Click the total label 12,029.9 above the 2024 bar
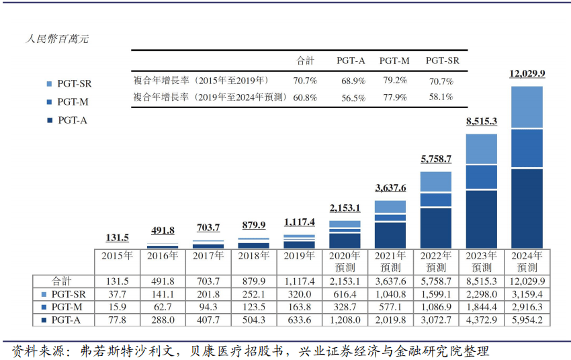point(527,74)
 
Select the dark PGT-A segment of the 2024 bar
point(527,208)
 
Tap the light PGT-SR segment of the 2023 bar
point(482,149)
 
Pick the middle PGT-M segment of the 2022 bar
point(436,199)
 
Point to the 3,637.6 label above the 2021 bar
point(390,187)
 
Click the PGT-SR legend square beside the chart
point(49,84)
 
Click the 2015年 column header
point(117,256)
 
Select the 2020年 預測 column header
point(345,261)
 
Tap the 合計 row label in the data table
point(62,281)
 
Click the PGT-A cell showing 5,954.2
point(527,320)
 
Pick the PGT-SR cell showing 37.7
point(117,294)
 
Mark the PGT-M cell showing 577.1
point(390,307)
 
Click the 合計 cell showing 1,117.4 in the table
point(299,281)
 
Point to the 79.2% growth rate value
point(395,81)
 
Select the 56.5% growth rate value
point(353,97)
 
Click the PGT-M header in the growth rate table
point(394,60)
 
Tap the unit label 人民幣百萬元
point(58,39)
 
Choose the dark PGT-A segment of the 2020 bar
point(345,240)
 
